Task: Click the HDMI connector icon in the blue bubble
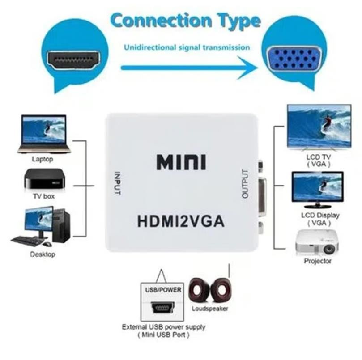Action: click(x=74, y=60)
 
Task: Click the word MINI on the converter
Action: click(x=181, y=162)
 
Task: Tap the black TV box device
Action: click(x=44, y=179)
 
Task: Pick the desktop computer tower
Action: click(x=60, y=226)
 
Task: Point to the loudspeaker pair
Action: click(x=209, y=290)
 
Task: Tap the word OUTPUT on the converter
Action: click(x=244, y=184)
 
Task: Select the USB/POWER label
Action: click(x=163, y=290)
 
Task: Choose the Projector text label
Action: click(x=317, y=261)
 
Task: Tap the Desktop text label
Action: click(x=43, y=254)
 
